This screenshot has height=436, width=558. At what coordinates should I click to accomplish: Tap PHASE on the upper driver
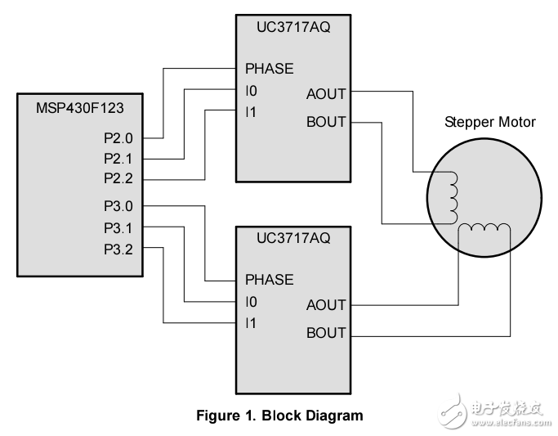click(x=269, y=68)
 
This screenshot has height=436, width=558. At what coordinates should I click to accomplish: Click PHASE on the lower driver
click(x=269, y=280)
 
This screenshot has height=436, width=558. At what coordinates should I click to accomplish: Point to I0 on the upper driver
click(x=251, y=90)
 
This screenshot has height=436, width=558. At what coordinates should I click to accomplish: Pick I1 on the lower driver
click(x=251, y=323)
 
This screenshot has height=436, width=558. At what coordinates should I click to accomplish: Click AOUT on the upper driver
click(x=326, y=93)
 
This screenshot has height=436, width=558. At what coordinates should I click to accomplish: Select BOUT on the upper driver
click(x=326, y=122)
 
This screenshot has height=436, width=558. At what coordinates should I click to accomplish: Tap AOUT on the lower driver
click(x=326, y=305)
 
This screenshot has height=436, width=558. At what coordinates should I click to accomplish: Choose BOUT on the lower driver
click(x=326, y=333)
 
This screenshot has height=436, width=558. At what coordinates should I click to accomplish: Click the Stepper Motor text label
click(x=489, y=122)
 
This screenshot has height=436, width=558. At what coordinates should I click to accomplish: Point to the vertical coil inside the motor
click(x=453, y=197)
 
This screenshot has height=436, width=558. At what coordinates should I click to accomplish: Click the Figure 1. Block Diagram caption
click(x=279, y=416)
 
